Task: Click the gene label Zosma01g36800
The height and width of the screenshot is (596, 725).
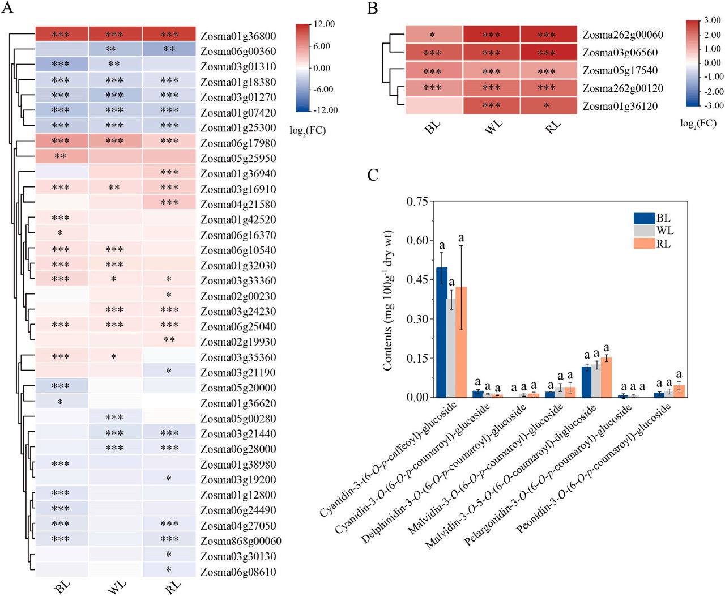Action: click(238, 36)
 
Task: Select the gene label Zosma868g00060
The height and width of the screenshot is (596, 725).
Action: click(241, 541)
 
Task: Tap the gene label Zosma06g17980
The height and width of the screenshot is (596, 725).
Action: click(238, 143)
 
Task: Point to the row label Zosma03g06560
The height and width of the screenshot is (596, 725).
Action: click(620, 53)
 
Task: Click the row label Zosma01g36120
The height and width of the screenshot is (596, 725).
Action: click(620, 106)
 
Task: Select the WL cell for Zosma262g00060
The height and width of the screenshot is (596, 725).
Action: click(492, 35)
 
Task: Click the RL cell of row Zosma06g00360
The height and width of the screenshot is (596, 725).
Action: click(169, 49)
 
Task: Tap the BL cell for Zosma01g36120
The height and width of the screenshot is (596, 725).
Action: click(434, 106)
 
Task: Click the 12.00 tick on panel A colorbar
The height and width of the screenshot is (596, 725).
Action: click(324, 24)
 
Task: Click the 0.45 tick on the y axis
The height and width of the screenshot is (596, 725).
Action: click(417, 280)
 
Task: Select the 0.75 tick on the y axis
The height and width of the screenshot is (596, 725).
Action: click(417, 202)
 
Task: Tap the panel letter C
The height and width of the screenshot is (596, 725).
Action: click(373, 174)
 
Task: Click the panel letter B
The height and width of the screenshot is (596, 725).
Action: click(373, 8)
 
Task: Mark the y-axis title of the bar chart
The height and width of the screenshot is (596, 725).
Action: click(387, 300)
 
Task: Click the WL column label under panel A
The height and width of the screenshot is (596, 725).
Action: click(117, 587)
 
